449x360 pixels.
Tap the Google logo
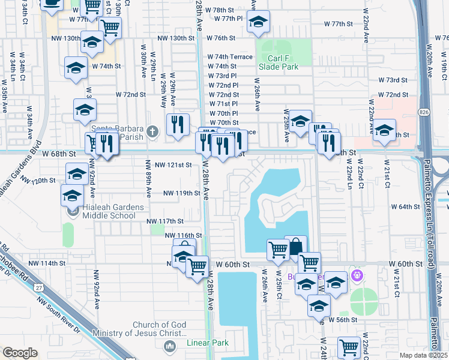pos(20,353)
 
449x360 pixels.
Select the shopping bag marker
pos(295,247)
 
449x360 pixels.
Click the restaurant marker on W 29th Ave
pos(177,125)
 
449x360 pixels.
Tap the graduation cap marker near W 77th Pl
pos(258,23)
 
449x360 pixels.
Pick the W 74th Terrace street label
pos(230,56)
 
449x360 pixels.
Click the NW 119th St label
pos(181,193)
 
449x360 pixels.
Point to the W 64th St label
pos(405,206)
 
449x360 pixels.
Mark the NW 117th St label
pos(165,221)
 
